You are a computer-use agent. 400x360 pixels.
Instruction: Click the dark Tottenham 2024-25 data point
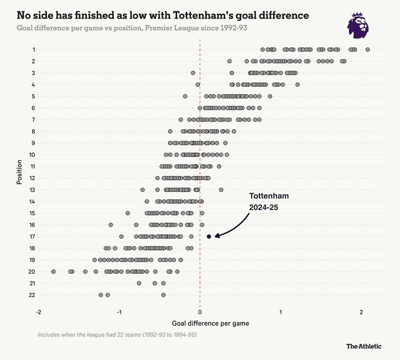point(209,236)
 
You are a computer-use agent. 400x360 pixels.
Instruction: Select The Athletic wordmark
point(364,346)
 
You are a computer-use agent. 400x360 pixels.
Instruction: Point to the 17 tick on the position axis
point(32,236)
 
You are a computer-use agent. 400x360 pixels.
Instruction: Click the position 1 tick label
point(34,50)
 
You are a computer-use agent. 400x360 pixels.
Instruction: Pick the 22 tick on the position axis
point(32,295)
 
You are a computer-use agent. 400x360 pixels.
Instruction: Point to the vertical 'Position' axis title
point(19,172)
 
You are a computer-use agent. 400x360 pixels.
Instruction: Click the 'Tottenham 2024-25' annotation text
point(269,201)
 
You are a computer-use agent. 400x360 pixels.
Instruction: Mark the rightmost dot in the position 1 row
point(367,49)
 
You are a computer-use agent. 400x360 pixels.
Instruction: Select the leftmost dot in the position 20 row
point(53,271)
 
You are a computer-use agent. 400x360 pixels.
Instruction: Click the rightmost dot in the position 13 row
point(221,190)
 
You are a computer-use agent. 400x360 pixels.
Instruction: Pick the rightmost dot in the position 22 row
point(163,295)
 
